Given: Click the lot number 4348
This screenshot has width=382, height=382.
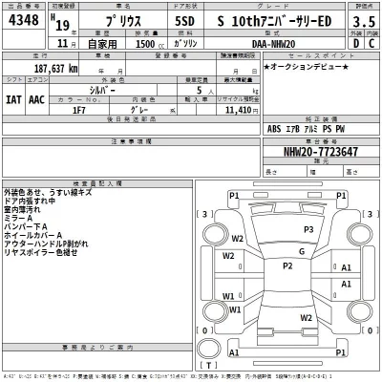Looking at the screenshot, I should click(24, 21).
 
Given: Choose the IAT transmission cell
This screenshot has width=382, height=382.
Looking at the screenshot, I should click(13, 97).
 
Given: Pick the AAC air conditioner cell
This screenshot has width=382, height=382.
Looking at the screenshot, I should click(36, 97).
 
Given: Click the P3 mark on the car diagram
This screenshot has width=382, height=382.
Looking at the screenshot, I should click(308, 230).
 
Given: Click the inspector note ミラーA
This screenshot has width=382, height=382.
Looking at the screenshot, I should click(19, 217).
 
